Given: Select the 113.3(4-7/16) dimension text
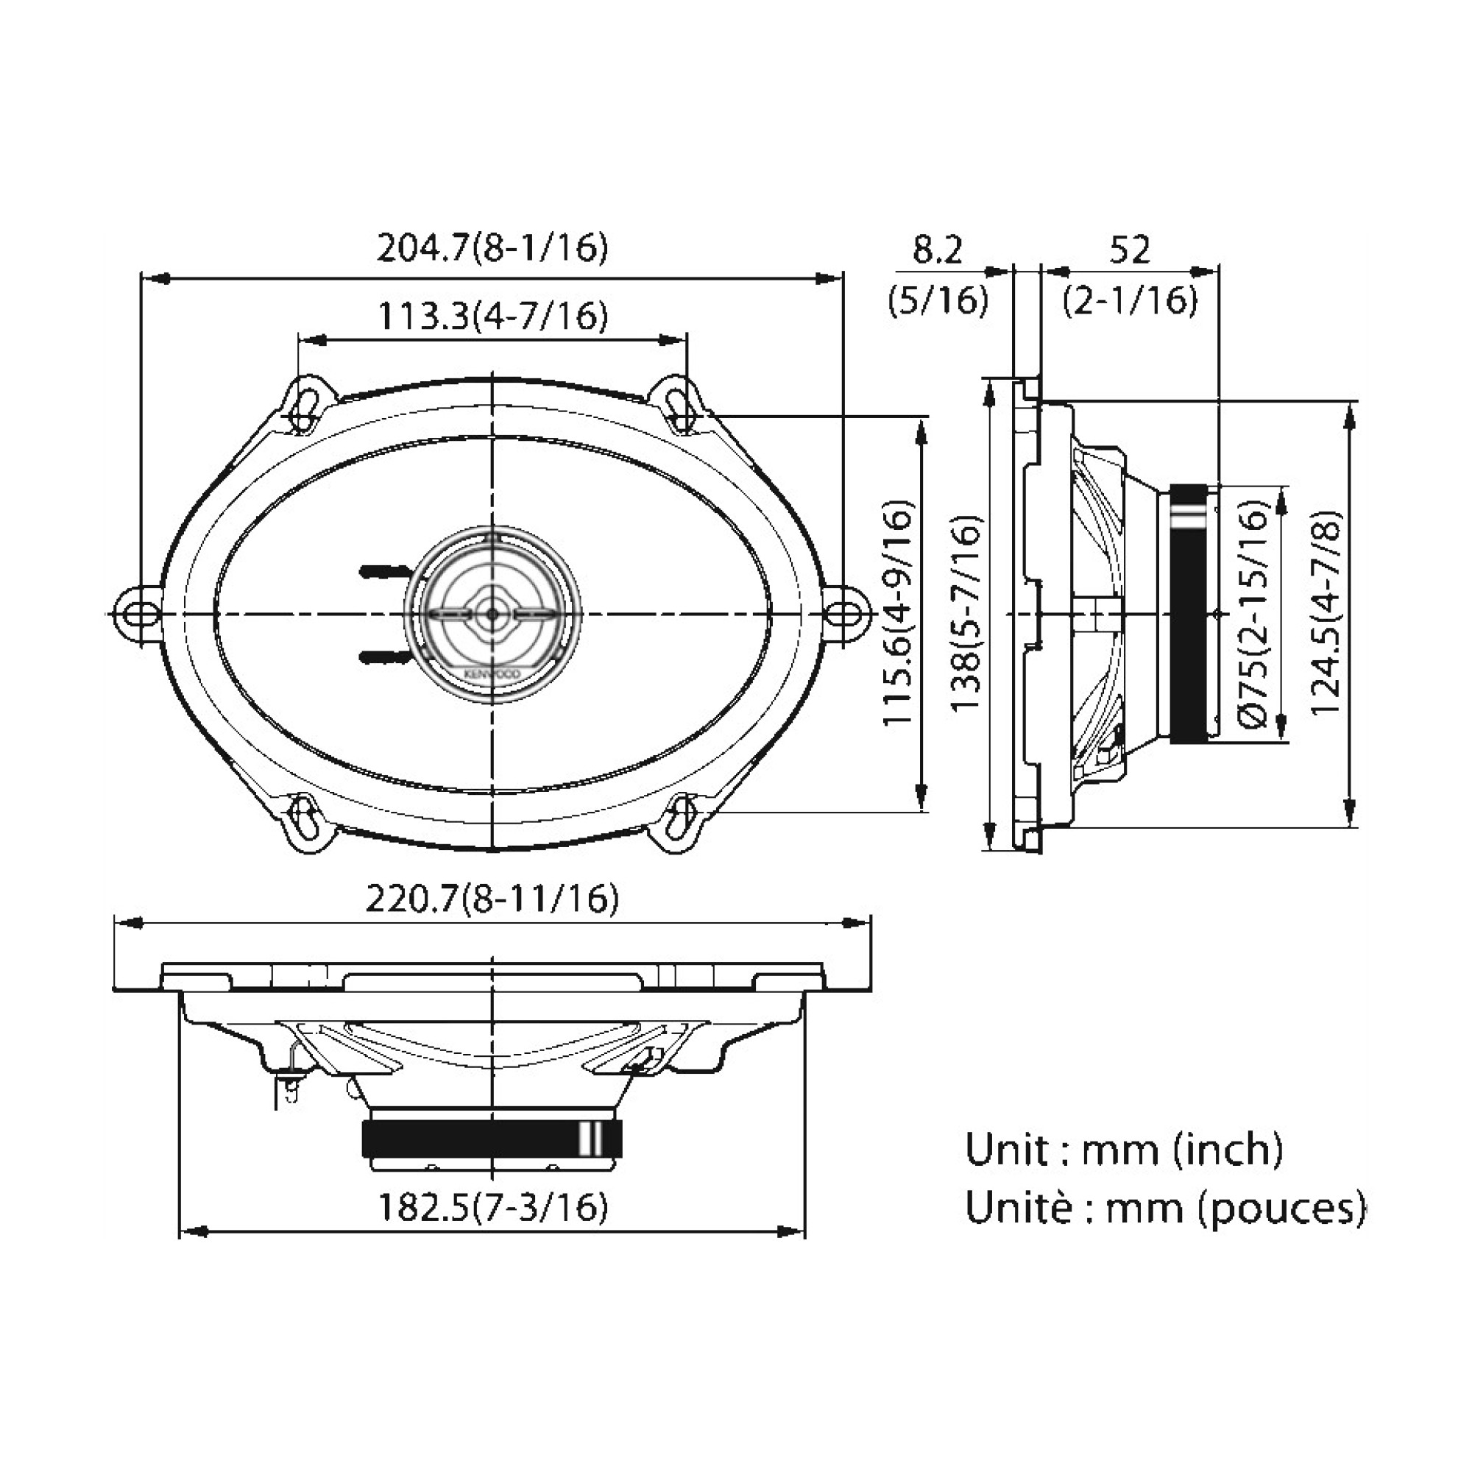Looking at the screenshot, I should [493, 316].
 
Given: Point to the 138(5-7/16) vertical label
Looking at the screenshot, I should [967, 612].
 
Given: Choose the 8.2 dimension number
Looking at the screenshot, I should [937, 250].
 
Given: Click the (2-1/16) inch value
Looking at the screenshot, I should [1130, 301].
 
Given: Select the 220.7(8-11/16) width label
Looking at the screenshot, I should [492, 899].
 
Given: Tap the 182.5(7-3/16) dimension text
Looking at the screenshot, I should [493, 1207].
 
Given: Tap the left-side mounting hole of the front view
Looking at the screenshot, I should [138, 612].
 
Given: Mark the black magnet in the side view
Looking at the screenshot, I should [1188, 613].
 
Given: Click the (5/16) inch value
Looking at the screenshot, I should [937, 301].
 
